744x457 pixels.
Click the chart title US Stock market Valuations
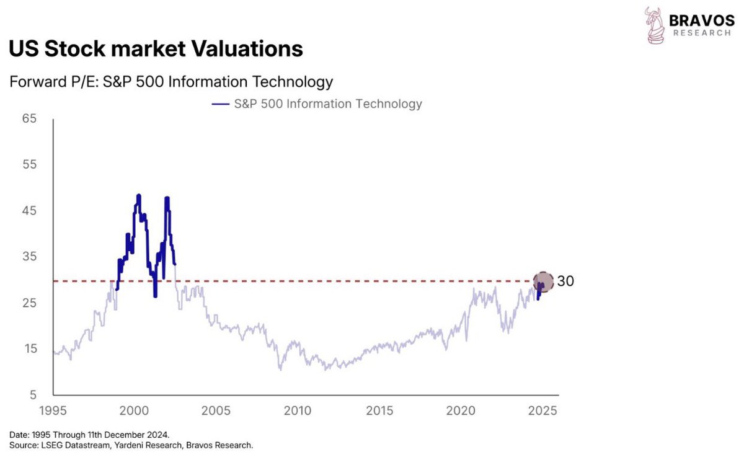tap(156, 49)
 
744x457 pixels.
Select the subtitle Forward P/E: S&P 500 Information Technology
tap(170, 82)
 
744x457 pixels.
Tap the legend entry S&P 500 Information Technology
tap(327, 104)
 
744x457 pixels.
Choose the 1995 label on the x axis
tap(53, 410)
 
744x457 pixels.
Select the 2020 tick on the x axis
tap(461, 410)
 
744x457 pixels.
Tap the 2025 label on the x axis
tap(542, 410)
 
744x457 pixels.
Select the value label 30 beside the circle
tap(565, 282)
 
